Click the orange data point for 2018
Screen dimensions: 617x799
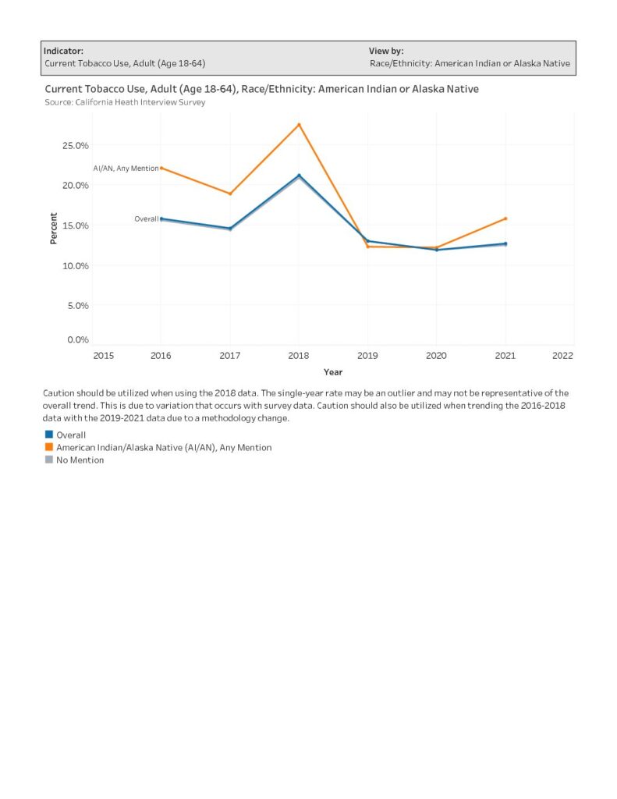tap(299, 124)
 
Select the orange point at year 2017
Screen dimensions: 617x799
tap(230, 194)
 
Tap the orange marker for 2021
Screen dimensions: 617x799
tap(505, 218)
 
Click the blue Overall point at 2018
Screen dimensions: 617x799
tap(299, 176)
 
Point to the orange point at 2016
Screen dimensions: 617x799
tap(161, 168)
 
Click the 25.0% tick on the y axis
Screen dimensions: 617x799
tap(76, 146)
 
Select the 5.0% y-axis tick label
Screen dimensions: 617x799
tap(78, 306)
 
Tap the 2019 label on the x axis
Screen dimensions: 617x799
tap(367, 356)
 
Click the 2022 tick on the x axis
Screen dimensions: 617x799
tap(562, 356)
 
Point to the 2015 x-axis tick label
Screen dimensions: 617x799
tap(104, 356)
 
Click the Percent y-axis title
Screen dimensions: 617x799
tap(54, 229)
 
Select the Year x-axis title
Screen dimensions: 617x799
tap(333, 372)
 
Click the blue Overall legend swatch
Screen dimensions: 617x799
tap(49, 435)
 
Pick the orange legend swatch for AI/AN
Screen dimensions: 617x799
tap(49, 447)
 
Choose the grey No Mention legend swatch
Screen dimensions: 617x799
tap(49, 460)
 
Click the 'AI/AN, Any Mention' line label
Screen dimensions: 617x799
tap(126, 169)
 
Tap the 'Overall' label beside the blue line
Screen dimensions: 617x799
tap(146, 218)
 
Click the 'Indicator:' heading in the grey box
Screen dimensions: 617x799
tap(63, 51)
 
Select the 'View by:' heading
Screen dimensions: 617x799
tap(386, 51)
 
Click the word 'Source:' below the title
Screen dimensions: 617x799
tap(59, 102)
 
